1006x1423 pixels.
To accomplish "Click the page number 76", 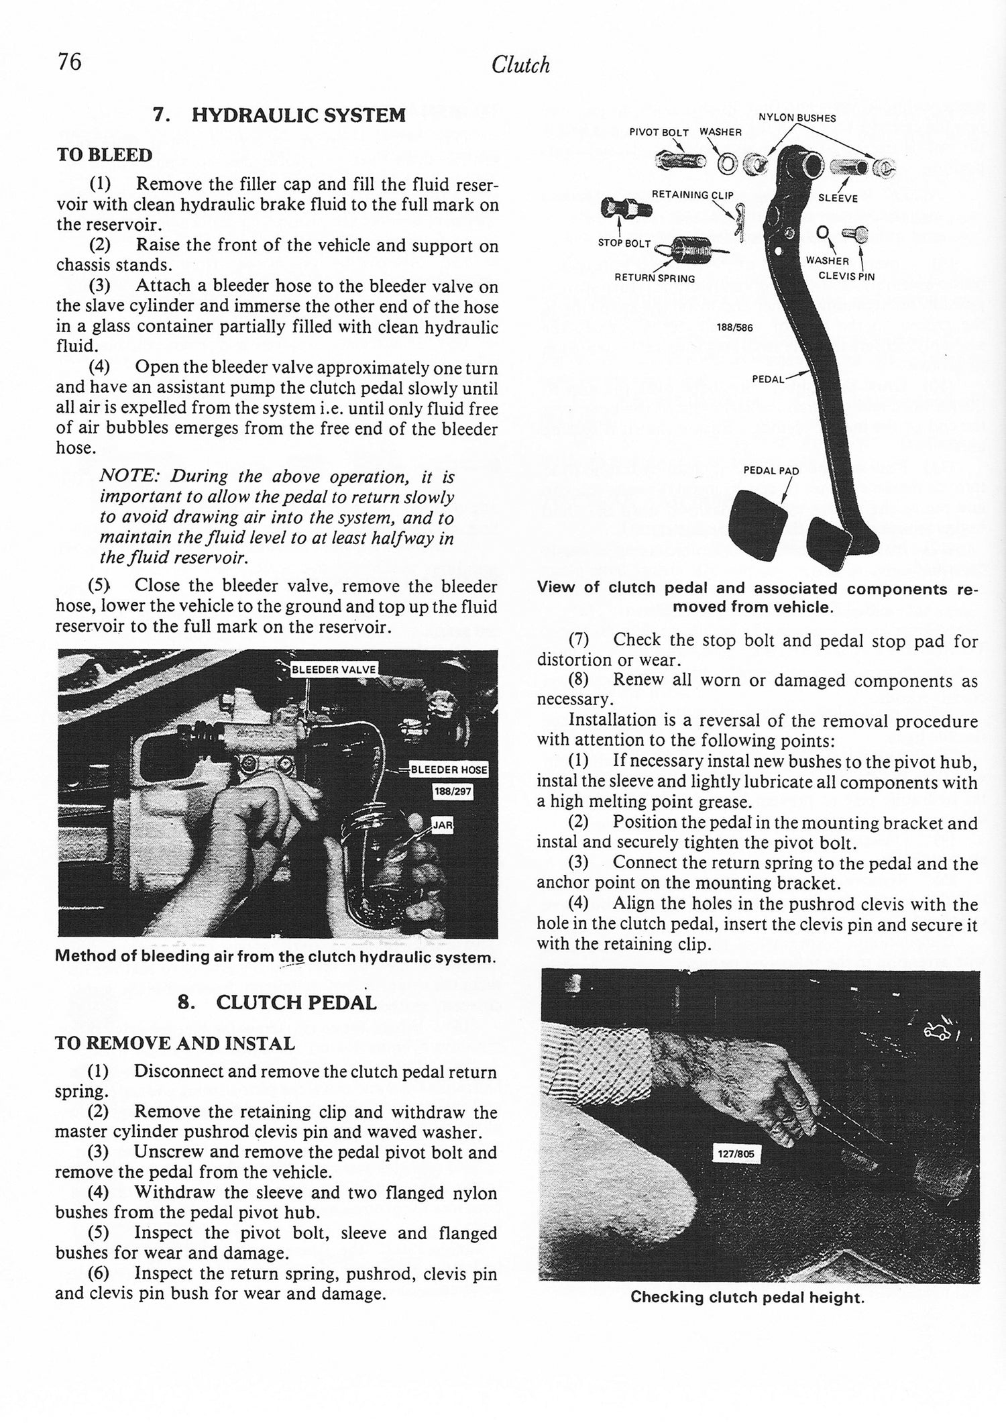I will [69, 62].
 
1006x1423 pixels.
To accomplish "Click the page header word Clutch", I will [520, 65].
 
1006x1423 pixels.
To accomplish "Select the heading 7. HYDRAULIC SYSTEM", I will [279, 115].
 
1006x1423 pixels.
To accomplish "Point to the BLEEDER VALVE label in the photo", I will [333, 669].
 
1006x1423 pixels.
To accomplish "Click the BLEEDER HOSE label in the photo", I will [449, 770].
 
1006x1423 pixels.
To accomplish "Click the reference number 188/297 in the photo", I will [453, 792].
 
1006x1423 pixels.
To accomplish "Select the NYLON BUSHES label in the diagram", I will [797, 118].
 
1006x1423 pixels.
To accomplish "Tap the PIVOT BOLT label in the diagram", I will [659, 133].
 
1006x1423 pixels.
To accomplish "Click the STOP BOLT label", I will [624, 244].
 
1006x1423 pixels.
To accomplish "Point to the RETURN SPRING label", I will [655, 278].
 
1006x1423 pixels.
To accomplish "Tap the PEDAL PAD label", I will [771, 470].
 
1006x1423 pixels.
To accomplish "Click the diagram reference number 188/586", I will [735, 329].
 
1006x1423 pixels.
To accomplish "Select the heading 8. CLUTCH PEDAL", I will [276, 1003].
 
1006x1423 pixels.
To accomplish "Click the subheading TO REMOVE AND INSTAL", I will [174, 1044].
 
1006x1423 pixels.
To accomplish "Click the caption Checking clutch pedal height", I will [747, 1298].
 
